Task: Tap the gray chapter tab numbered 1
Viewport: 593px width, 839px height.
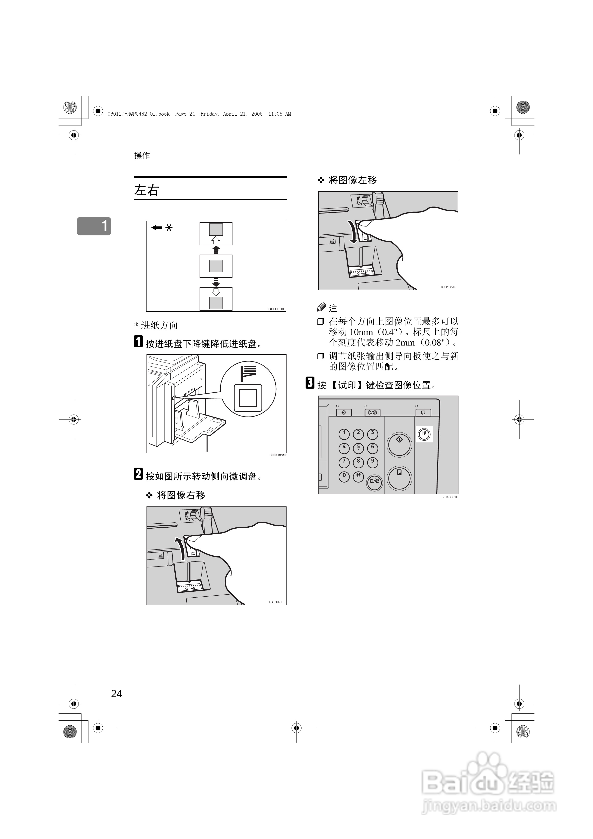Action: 94,226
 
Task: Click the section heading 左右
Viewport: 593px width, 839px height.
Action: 146,190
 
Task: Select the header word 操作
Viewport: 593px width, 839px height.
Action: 142,155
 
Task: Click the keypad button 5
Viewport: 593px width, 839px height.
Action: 358,448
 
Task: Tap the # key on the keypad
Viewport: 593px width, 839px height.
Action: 358,477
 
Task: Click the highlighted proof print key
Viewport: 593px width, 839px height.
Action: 424,434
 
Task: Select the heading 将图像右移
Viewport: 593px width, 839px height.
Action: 181,495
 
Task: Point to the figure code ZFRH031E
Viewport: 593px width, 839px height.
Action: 278,455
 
